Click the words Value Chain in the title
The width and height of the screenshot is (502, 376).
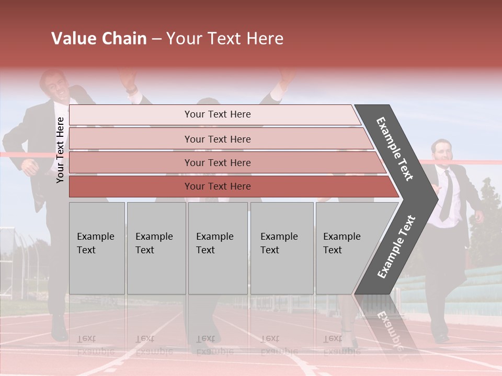coord(99,39)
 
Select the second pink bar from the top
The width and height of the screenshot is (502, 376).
coord(217,139)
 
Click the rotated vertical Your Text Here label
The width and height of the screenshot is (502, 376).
coord(60,150)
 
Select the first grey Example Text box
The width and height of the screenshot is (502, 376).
coord(97,248)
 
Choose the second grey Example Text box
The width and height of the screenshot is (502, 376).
coord(156,248)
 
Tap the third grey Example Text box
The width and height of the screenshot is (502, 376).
coord(218,248)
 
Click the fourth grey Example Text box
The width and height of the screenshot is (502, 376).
coord(282,248)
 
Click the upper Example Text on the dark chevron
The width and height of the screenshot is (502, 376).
coord(395,149)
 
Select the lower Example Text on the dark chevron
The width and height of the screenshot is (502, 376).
coord(396,247)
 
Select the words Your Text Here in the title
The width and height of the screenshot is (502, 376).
coord(225,39)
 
